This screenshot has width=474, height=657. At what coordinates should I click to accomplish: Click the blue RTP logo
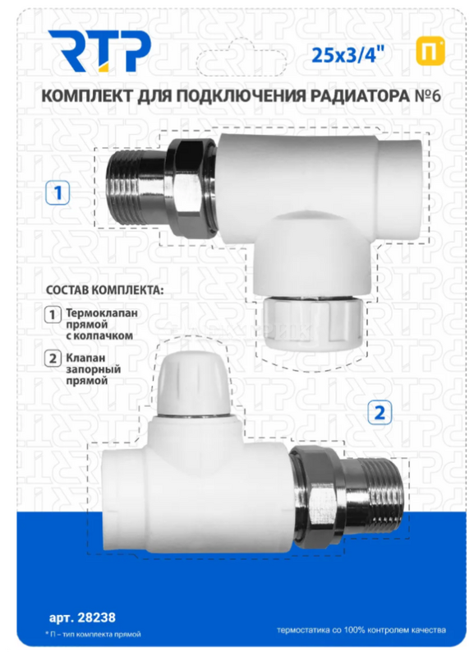pos(99,51)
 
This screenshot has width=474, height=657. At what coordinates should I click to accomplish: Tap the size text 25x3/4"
pos(348,54)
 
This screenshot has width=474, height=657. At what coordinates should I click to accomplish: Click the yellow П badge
pos(430,52)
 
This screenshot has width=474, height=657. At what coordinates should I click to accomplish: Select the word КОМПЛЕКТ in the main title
pos(86,96)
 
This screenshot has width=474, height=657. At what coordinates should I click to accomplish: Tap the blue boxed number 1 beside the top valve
pos(58,193)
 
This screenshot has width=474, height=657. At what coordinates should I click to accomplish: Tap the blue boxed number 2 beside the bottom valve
pos(380,413)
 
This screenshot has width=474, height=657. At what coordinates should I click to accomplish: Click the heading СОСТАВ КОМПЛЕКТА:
pos(104,289)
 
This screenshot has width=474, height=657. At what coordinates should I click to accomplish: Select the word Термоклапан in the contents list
pos(102,312)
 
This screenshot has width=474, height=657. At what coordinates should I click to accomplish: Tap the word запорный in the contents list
pos(94,369)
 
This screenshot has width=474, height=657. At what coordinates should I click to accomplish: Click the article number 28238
pos(98,618)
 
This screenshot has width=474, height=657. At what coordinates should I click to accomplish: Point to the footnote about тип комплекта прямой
pos(93,634)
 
